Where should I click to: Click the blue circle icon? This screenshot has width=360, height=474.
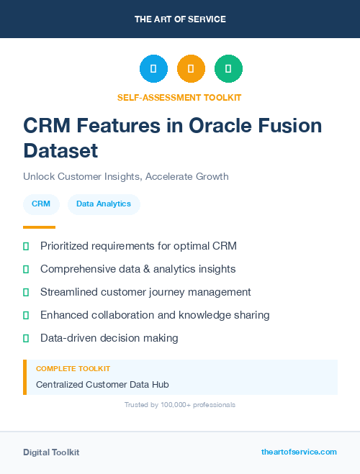(x=153, y=68)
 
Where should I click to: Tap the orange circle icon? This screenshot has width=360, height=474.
(x=191, y=68)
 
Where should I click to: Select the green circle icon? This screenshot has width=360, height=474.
(x=228, y=68)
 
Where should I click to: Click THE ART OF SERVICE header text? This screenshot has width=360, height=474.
(x=180, y=19)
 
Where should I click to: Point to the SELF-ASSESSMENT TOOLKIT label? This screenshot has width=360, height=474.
(x=179, y=96)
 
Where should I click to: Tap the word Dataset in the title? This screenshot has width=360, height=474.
(x=60, y=150)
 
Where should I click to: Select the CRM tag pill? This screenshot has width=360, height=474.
(x=41, y=204)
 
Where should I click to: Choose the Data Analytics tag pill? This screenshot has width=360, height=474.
(x=104, y=204)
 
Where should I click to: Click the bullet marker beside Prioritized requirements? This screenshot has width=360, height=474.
(x=26, y=246)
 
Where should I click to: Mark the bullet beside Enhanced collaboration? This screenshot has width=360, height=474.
(x=26, y=315)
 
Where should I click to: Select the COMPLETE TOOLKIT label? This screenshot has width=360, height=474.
(x=73, y=368)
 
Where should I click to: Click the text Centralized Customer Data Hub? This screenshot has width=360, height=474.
(x=102, y=384)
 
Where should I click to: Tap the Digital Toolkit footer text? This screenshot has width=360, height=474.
(x=51, y=452)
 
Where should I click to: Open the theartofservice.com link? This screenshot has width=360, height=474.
(x=299, y=452)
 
